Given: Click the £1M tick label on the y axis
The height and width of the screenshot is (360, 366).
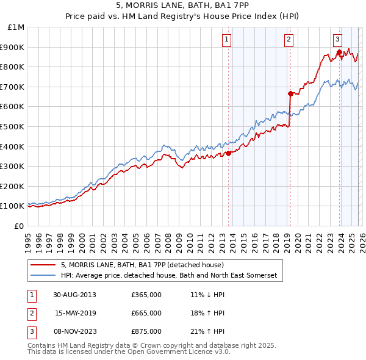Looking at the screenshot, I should click(x=16, y=27).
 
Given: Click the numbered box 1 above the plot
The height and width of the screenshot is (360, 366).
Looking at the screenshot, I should click(x=226, y=40).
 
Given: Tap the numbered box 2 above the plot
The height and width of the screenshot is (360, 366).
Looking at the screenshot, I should click(x=288, y=40).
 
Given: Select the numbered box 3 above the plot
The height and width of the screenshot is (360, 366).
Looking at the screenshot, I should click(x=337, y=40).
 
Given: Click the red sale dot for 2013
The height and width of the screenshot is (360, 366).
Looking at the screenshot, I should click(x=229, y=153).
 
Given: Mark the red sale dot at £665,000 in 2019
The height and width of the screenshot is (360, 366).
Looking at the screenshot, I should click(x=290, y=93).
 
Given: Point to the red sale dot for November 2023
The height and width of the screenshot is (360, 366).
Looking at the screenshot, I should click(x=339, y=52).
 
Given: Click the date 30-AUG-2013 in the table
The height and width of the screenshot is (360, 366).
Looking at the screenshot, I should click(x=75, y=294).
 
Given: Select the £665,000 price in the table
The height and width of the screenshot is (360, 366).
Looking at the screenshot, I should click(x=146, y=313).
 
